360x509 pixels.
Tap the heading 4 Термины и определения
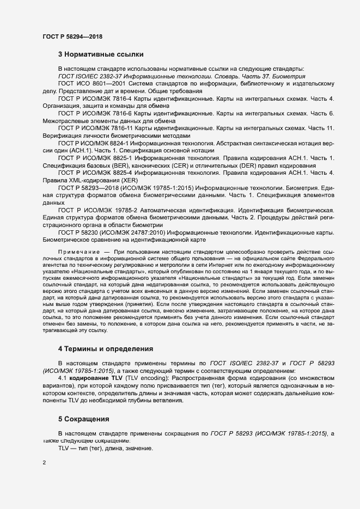106,348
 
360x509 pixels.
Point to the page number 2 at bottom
44,463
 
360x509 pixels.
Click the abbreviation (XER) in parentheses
129,180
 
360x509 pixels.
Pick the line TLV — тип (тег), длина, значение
106,447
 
